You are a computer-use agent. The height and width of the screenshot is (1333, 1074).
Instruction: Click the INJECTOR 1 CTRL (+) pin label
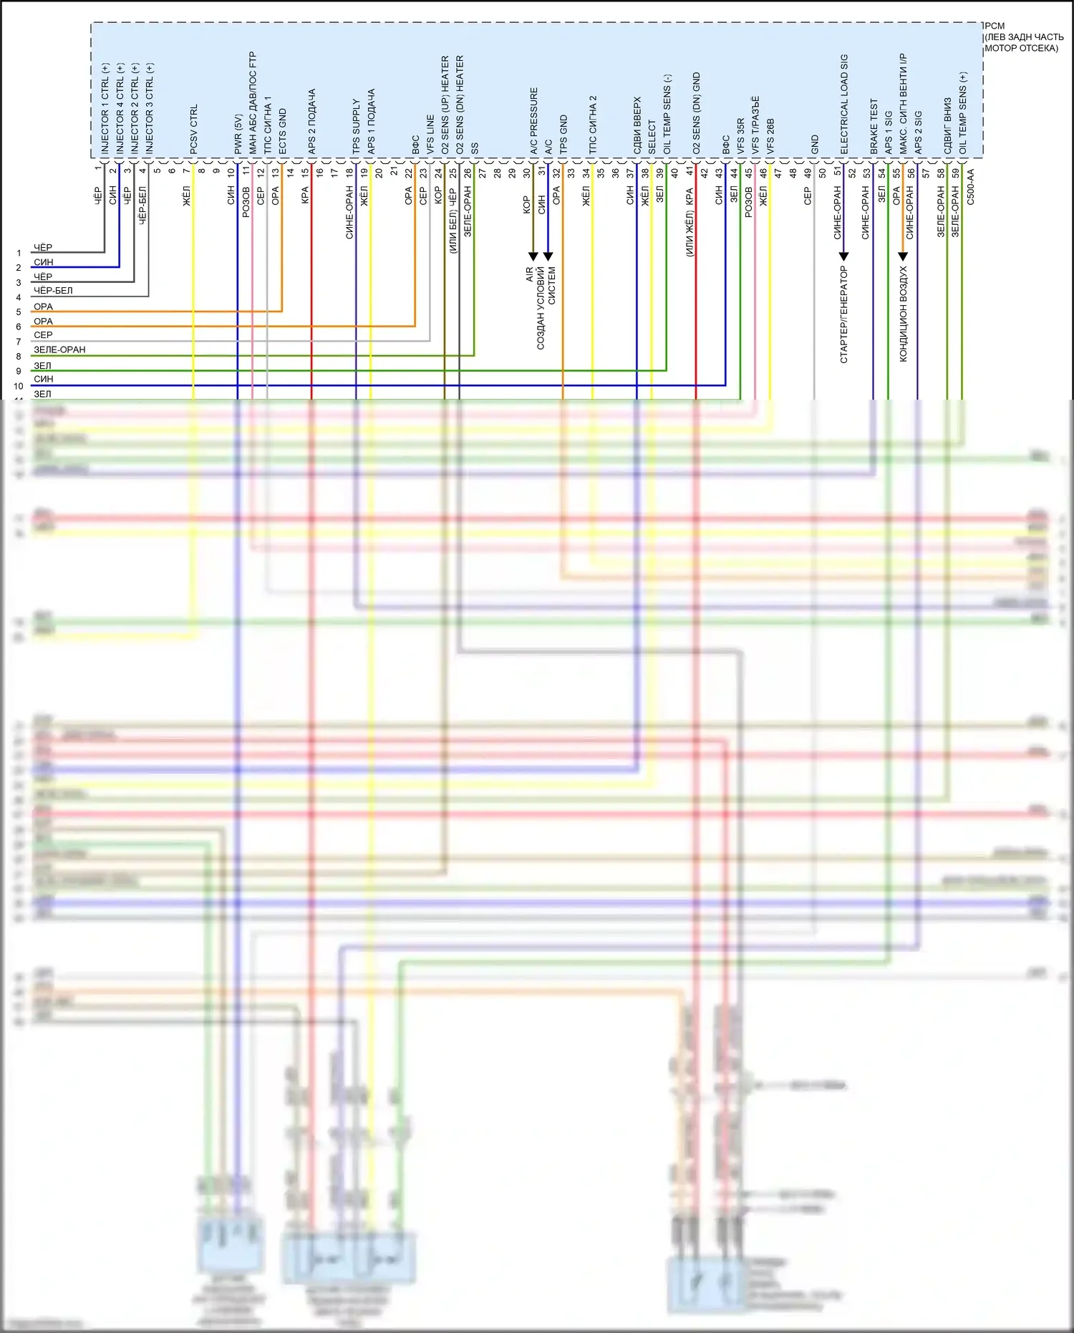(105, 108)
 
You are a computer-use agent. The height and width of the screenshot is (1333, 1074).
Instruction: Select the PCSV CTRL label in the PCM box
(194, 129)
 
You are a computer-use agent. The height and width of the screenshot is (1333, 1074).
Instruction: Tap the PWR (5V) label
(238, 134)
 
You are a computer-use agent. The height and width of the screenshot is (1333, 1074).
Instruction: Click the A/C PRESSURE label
(534, 121)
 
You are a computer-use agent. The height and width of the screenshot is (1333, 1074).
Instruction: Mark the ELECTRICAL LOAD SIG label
(844, 104)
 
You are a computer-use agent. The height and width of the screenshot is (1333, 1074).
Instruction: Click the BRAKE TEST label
(874, 126)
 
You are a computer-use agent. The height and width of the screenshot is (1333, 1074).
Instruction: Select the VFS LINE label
(430, 134)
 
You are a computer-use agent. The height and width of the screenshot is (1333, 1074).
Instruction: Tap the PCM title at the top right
(995, 26)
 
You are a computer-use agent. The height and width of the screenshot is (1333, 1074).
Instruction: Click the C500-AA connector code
(970, 187)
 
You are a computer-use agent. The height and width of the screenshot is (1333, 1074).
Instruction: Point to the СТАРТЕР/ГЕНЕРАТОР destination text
(844, 314)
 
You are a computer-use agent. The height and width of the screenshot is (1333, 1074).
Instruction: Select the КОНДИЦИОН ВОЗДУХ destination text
(903, 314)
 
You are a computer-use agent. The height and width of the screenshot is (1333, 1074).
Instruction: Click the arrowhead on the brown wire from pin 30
(533, 256)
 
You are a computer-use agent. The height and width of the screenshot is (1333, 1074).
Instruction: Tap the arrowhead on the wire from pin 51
(844, 256)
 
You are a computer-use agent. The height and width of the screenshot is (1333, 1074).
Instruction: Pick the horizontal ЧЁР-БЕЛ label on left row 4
(53, 291)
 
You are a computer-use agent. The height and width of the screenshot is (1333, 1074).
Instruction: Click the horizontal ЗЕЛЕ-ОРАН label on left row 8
(59, 350)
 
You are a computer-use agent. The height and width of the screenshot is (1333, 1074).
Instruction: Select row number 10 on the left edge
(19, 386)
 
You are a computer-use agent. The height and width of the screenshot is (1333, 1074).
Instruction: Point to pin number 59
(956, 173)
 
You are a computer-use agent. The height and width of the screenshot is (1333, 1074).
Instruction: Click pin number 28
(498, 173)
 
